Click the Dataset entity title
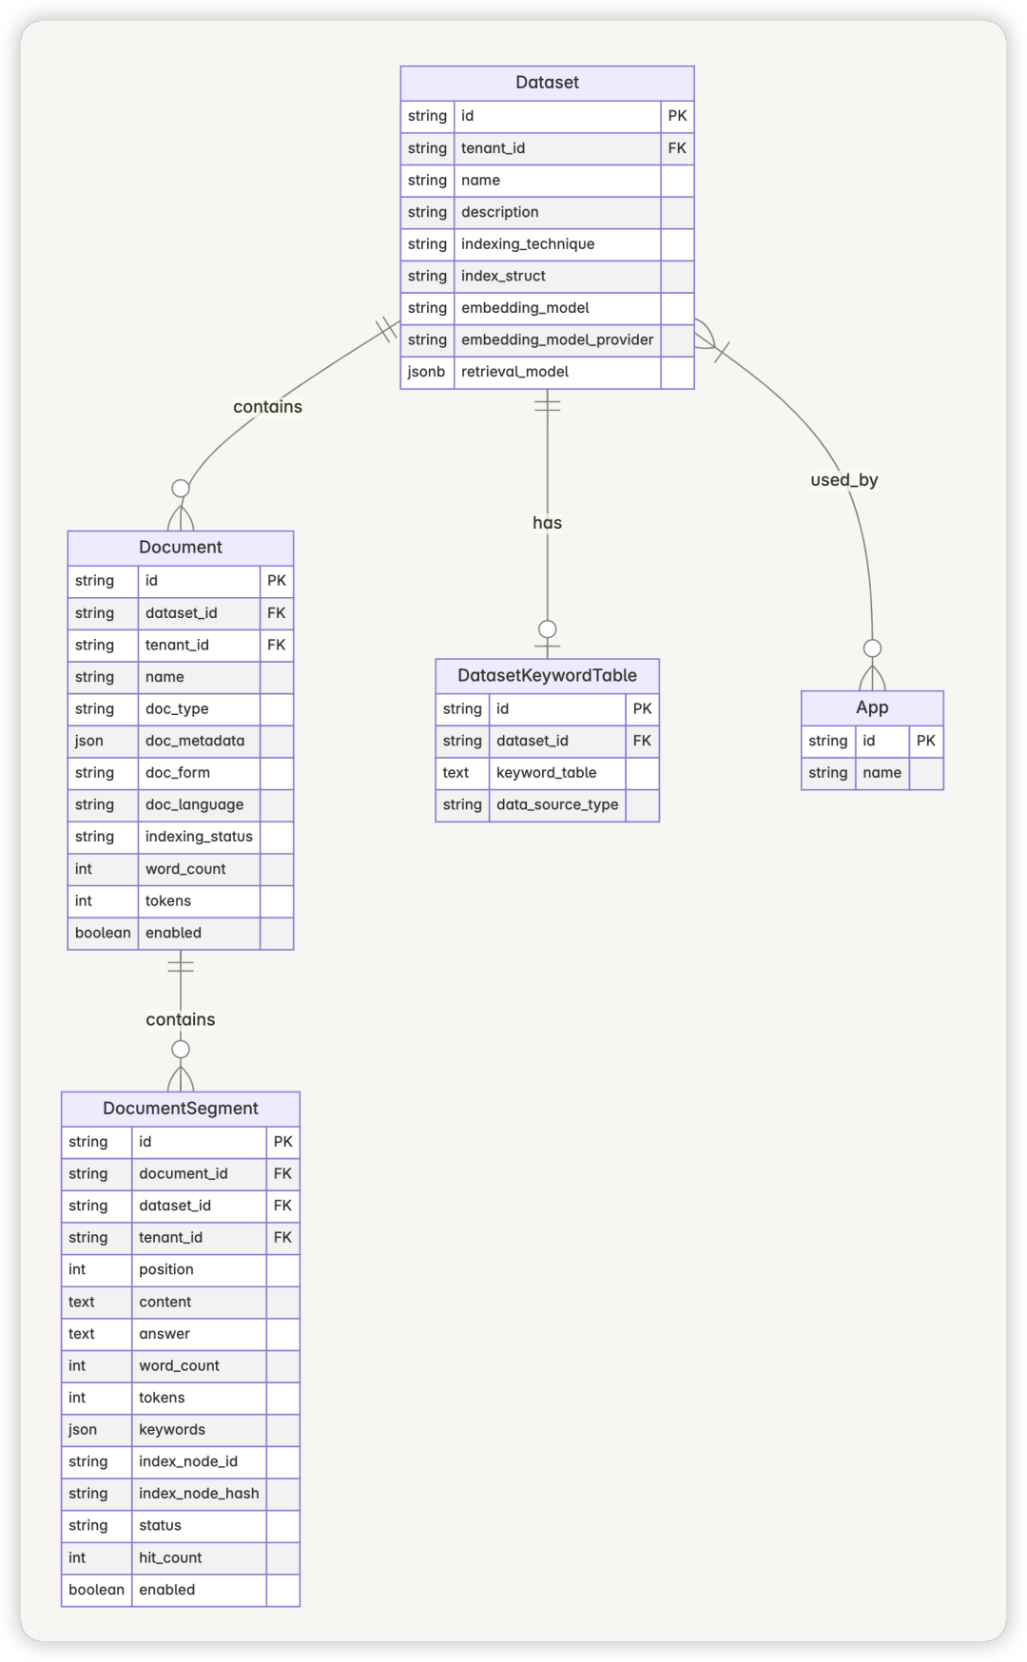[x=547, y=83]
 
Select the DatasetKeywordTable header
[x=547, y=676]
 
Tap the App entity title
[x=872, y=707]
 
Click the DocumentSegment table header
[x=181, y=1109]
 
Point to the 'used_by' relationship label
[x=843, y=480]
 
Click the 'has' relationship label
[x=547, y=523]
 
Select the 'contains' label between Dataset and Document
[x=267, y=407]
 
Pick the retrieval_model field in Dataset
[x=514, y=372]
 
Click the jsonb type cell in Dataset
[x=426, y=372]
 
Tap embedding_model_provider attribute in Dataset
[x=557, y=339]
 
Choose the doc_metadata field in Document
[x=195, y=741]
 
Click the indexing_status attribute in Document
[x=199, y=837]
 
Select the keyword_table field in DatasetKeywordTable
[x=546, y=773]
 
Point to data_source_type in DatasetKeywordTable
[x=557, y=804]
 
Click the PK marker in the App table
[x=926, y=741]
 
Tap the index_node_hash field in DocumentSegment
[x=199, y=1494]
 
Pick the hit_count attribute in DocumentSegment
[x=170, y=1557]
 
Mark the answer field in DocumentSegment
[x=165, y=1334]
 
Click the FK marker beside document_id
[x=282, y=1173]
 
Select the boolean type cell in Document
[x=103, y=933]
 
